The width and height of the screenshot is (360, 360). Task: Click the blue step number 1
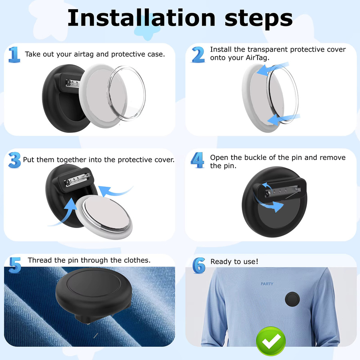tap(14, 54)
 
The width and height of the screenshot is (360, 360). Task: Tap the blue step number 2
tap(198, 54)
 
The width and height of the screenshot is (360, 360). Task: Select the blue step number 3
tap(15, 160)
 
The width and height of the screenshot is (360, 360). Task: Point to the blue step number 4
tap(198, 160)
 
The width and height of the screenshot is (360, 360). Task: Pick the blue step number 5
tap(15, 265)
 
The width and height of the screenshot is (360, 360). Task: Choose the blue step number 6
tap(199, 265)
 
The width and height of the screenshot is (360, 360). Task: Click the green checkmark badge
tap(271, 341)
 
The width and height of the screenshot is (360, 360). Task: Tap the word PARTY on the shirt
tap(267, 284)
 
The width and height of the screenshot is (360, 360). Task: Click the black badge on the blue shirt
tap(292, 299)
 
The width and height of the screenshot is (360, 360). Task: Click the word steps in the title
tap(258, 19)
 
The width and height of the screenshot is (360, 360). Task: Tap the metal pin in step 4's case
tap(284, 192)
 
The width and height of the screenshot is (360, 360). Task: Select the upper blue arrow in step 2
tap(272, 68)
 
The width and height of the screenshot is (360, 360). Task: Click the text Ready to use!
tap(234, 262)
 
